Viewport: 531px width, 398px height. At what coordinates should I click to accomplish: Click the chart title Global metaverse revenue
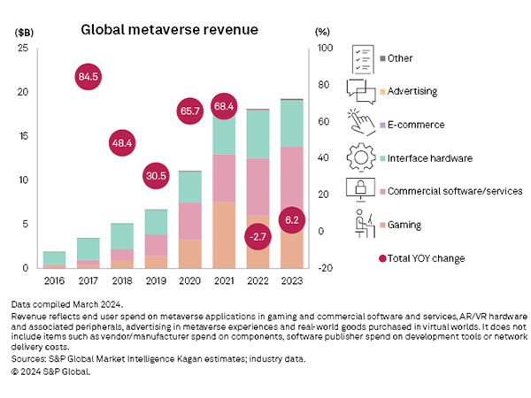tap(169, 29)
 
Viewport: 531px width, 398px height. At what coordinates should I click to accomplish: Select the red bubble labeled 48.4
tap(122, 142)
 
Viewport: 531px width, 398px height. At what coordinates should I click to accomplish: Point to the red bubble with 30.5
tap(156, 176)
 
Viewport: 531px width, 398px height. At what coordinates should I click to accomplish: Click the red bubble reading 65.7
tap(189, 111)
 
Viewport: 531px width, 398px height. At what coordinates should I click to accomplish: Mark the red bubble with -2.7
tap(257, 238)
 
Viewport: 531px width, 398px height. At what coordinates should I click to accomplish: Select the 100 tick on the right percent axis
tap(324, 48)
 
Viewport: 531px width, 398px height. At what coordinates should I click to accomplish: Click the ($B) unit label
tap(24, 31)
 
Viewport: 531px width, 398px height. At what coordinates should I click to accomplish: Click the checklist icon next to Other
tap(362, 58)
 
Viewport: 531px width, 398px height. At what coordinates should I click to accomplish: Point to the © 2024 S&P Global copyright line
tap(52, 372)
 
